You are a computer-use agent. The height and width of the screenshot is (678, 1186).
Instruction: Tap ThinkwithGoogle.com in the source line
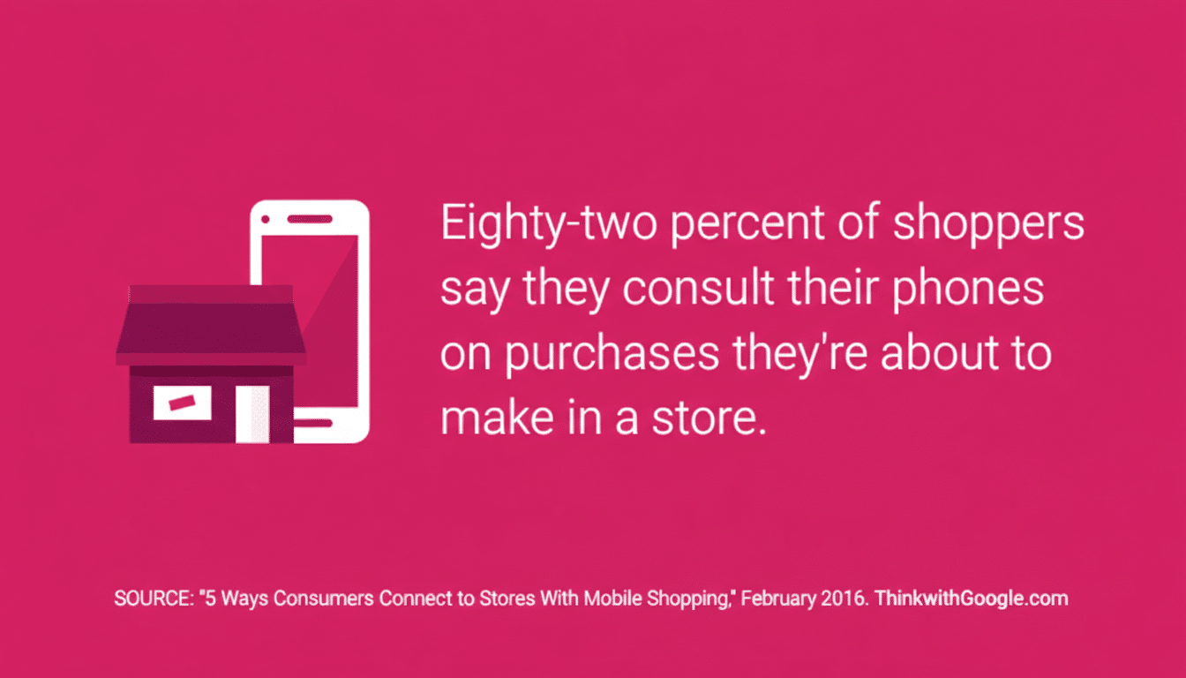point(972,599)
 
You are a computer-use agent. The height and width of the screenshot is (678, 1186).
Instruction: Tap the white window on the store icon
point(183,403)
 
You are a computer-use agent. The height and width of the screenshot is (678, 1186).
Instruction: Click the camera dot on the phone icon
point(266,218)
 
